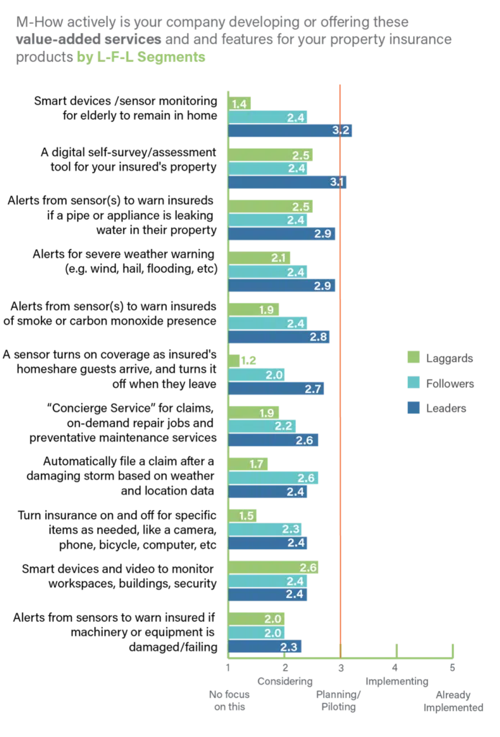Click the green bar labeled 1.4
click(x=240, y=104)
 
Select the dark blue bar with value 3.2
click(x=291, y=130)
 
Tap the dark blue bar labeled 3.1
click(x=288, y=182)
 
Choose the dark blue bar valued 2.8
click(x=281, y=337)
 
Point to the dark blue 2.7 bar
click(x=278, y=389)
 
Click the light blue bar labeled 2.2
click(x=263, y=427)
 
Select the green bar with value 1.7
click(x=249, y=464)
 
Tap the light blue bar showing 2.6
click(x=274, y=478)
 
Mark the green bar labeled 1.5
click(x=243, y=516)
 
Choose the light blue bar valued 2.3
click(x=265, y=530)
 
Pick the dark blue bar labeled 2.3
click(x=265, y=647)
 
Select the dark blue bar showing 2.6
click(x=274, y=440)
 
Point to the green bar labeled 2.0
click(x=257, y=620)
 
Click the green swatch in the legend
click(x=412, y=356)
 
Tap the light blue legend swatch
click(x=412, y=382)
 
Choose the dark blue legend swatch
click(x=412, y=408)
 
